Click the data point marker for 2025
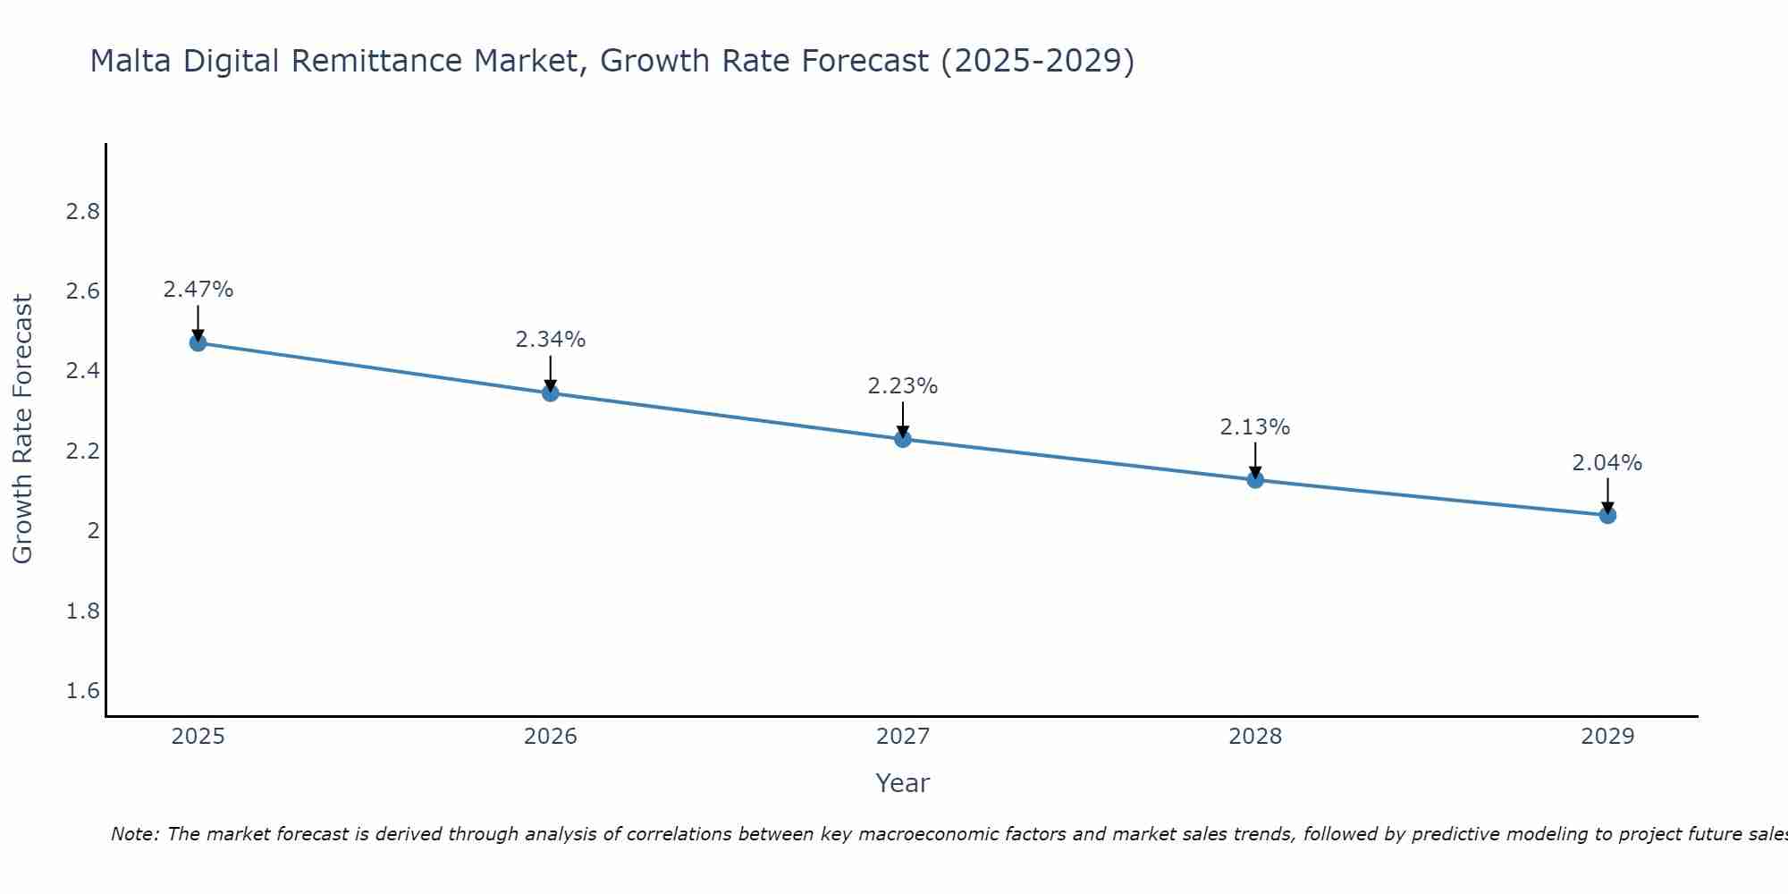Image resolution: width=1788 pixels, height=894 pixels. click(x=198, y=343)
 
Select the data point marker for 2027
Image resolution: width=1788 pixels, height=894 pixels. click(x=903, y=439)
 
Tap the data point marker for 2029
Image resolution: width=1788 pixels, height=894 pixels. click(x=1607, y=515)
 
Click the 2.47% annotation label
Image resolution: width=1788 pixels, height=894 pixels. click(x=198, y=290)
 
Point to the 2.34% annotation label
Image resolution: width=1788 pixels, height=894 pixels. click(x=551, y=340)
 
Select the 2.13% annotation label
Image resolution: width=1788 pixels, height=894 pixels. click(x=1255, y=427)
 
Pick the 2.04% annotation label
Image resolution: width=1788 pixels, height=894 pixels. click(x=1607, y=463)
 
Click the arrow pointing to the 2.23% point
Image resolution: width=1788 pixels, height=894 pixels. click(x=903, y=418)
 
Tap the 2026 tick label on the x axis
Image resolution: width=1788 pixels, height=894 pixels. click(x=551, y=737)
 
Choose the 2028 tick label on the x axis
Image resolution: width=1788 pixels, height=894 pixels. click(x=1255, y=737)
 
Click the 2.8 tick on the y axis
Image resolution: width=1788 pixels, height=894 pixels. click(x=82, y=212)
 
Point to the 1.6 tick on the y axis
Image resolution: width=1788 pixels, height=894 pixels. click(x=82, y=691)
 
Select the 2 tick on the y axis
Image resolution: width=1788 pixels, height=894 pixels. click(x=92, y=531)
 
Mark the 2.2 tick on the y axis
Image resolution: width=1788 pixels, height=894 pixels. click(x=82, y=451)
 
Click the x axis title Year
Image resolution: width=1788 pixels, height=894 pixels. click(x=903, y=783)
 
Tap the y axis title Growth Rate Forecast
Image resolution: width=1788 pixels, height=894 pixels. click(x=22, y=429)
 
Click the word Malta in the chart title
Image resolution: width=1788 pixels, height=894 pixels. click(x=132, y=61)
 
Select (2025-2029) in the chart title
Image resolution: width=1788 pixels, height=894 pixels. click(x=1037, y=61)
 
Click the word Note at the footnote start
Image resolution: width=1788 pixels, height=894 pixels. click(x=134, y=834)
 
